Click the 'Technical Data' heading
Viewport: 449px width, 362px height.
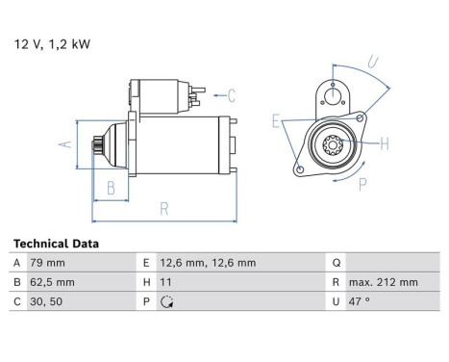click(55, 245)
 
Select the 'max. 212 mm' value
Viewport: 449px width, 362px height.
click(383, 282)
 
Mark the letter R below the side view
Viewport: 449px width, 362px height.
click(164, 207)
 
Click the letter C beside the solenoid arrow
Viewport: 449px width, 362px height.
click(232, 94)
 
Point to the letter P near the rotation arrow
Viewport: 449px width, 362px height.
click(362, 184)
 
